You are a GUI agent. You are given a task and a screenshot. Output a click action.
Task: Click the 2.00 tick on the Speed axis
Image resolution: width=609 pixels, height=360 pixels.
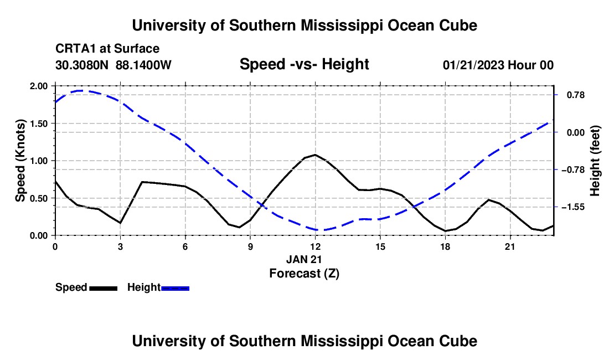pos(38,86)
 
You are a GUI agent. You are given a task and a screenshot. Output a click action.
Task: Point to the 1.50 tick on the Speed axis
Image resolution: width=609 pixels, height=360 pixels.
pos(38,124)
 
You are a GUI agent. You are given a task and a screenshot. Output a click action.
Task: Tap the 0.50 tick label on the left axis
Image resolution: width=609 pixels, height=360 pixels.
pos(38,198)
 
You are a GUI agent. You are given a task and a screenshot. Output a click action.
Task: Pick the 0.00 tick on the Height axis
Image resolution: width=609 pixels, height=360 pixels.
pos(576,133)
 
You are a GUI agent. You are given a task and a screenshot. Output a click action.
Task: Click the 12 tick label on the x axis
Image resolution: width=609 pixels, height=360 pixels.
pos(316,246)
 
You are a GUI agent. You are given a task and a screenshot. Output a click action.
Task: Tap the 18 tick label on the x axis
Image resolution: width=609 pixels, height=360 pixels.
pos(445,246)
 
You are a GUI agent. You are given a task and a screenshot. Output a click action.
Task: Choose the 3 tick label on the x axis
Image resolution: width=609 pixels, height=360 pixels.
pos(120,246)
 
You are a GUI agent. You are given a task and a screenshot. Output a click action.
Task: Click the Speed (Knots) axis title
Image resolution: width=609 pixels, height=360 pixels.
pos(20,161)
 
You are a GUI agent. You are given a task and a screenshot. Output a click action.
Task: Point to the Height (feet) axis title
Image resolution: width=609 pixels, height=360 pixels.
pos(595,161)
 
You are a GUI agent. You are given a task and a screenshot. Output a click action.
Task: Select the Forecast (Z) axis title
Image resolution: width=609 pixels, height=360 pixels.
pos(304,274)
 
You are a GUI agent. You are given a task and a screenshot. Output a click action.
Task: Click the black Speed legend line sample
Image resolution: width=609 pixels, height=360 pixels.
pos(104,288)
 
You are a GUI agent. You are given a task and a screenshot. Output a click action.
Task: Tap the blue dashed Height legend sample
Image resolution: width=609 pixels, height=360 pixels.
pos(175,288)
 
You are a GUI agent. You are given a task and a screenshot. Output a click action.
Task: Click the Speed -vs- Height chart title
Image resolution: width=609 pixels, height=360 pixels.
pos(304,64)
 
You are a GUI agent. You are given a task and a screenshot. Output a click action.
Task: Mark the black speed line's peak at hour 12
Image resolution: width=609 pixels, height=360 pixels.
pos(315,155)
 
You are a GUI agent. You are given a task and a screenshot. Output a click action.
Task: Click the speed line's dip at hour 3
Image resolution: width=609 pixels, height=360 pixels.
pos(120,223)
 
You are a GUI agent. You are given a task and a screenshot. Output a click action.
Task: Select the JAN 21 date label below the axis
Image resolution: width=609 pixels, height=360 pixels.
pos(304,259)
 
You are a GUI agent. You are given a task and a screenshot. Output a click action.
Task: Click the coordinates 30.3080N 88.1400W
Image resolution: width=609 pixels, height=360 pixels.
pos(113,65)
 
